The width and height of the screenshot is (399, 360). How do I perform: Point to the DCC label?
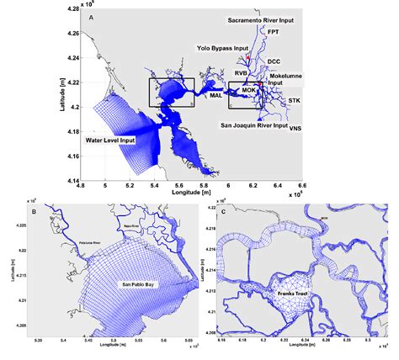tap(274, 61)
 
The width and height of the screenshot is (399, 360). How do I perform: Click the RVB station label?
tap(241, 73)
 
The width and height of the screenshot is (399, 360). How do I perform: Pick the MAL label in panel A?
tap(215, 95)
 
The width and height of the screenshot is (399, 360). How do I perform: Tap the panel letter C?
tap(222, 210)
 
